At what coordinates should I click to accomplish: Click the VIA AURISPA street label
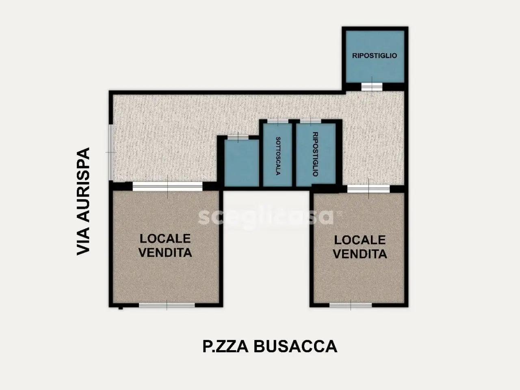click(83, 201)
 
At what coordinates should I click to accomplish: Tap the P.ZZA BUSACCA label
click(270, 347)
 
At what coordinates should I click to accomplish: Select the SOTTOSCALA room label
click(278, 156)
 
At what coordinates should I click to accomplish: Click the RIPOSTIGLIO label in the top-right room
click(375, 56)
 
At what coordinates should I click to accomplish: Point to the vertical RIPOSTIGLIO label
click(315, 154)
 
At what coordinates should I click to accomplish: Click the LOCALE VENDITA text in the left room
click(165, 245)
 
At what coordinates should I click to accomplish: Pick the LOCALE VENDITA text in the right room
click(360, 247)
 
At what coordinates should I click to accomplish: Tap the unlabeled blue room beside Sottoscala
click(242, 163)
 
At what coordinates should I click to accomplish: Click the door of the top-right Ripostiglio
click(372, 87)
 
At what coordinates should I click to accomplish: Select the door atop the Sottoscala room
click(278, 121)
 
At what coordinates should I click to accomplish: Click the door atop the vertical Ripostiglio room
click(310, 121)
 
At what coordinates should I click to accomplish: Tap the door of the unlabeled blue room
click(238, 137)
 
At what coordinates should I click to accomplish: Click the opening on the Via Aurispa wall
click(111, 152)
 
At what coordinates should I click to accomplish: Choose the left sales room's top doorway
click(167, 186)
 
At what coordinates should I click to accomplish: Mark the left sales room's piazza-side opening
click(167, 305)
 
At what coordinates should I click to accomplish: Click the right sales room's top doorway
click(368, 189)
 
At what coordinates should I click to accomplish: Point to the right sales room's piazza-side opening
click(351, 305)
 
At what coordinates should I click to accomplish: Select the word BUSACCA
click(295, 347)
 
